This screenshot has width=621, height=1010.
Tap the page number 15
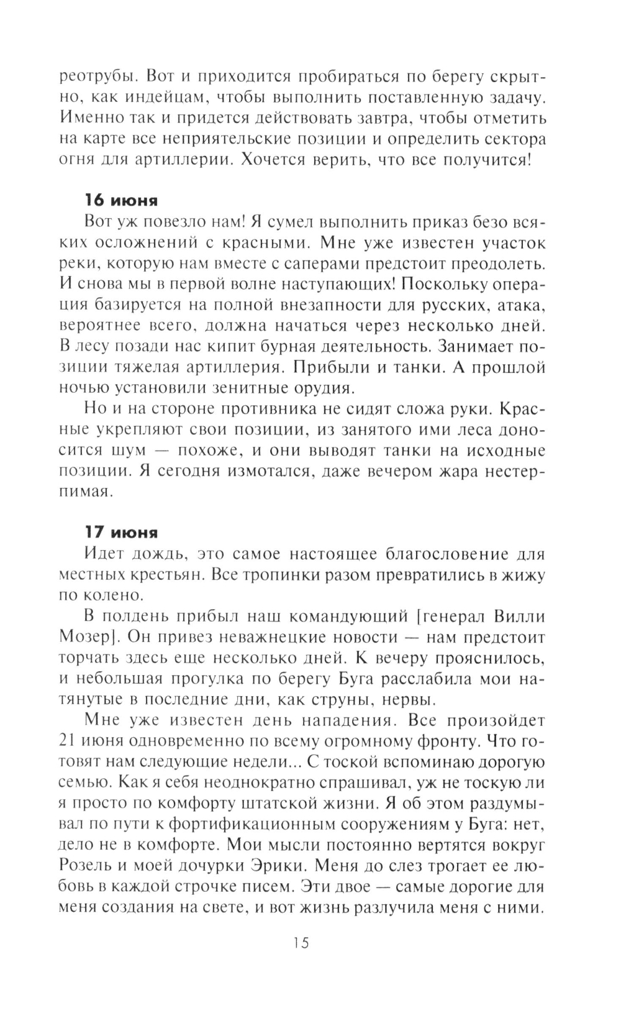[300, 943]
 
